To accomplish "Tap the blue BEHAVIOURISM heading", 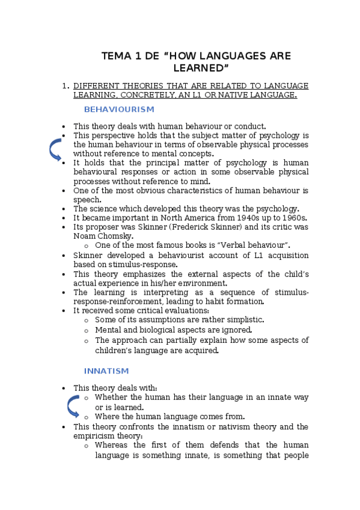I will [x=119, y=109].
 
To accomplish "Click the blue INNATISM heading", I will [x=106, y=370].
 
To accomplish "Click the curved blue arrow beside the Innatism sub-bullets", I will [x=73, y=407].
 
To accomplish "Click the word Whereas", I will [x=111, y=446].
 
